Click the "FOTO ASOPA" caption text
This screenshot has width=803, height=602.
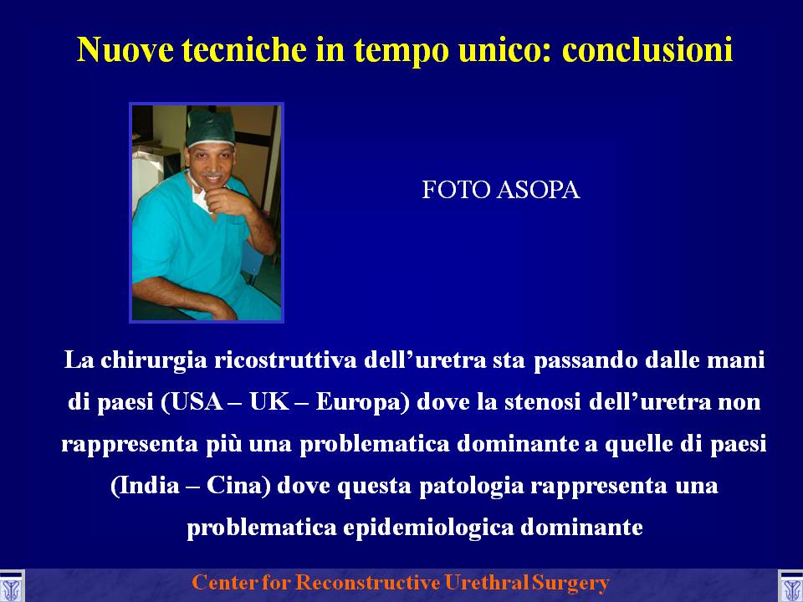(500, 190)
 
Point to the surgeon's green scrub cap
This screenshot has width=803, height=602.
(210, 127)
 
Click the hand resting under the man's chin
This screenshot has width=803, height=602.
(227, 199)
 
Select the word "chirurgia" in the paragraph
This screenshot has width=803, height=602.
(154, 361)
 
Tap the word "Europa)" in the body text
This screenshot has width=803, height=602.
(362, 403)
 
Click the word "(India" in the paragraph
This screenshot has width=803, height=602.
(145, 485)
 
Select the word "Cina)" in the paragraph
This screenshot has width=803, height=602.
(238, 485)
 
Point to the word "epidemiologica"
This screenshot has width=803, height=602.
(428, 528)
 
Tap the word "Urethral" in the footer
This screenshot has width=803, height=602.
(487, 583)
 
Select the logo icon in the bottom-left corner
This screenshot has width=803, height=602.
(11, 587)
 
